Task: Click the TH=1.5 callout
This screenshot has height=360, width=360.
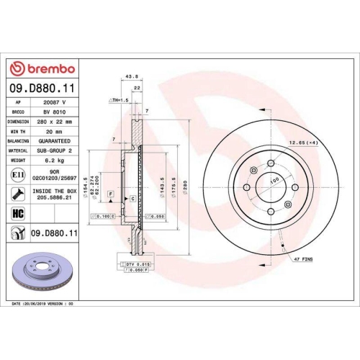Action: [x=118, y=99]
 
